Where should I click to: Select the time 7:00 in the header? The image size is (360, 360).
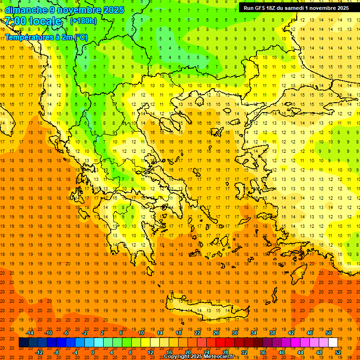(15, 21)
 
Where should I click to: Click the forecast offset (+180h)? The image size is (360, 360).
(83, 21)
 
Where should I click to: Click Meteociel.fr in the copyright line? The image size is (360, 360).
(219, 357)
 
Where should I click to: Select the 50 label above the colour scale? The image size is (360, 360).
(329, 333)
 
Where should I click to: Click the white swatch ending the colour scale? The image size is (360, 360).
(333, 343)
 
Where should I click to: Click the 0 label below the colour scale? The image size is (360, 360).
(92, 352)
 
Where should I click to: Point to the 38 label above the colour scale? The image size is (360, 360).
(272, 333)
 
